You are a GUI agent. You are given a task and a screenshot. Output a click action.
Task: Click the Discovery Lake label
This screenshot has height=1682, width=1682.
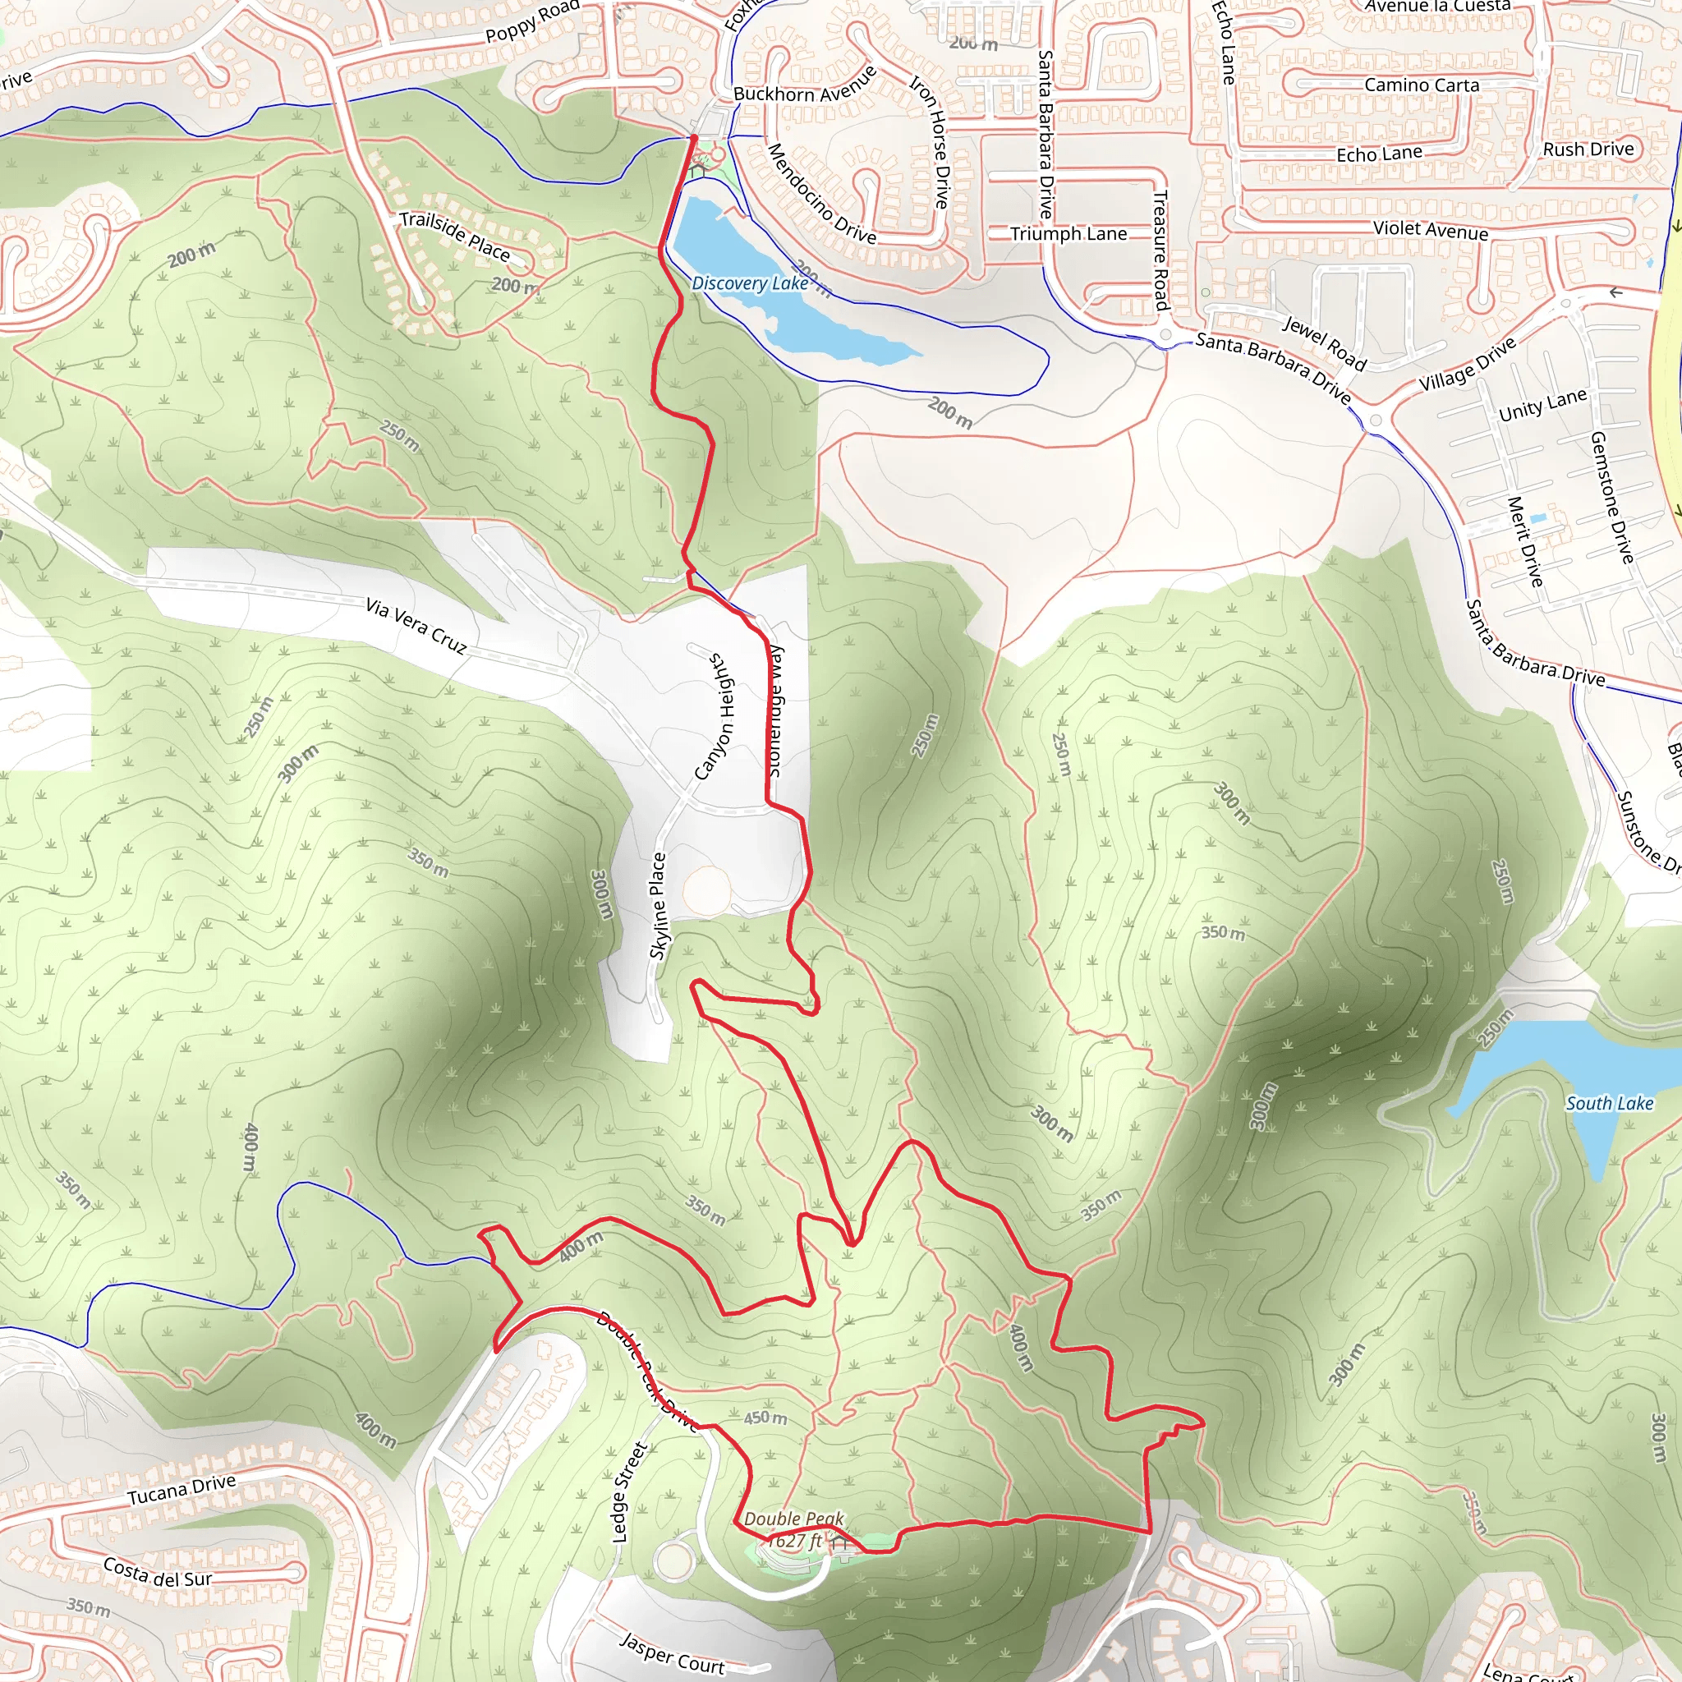[x=750, y=284]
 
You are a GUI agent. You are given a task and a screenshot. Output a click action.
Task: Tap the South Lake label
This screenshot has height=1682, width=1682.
[x=1609, y=1103]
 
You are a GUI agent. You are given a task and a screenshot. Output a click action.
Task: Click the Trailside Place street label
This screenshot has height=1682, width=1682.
[x=454, y=235]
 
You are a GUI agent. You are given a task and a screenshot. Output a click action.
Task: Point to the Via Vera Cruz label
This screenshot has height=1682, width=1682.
[x=416, y=625]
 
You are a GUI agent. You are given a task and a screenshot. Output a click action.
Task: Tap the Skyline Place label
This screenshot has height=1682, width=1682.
[x=658, y=905]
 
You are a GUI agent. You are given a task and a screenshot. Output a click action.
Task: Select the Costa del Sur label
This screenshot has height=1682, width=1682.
[x=158, y=1571]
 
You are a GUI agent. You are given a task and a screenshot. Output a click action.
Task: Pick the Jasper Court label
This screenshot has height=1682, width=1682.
[x=671, y=1652]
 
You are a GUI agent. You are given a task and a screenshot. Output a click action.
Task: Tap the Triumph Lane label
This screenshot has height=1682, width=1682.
[x=1068, y=234]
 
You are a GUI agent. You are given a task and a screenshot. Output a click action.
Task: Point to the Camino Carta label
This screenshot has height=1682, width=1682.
[x=1422, y=85]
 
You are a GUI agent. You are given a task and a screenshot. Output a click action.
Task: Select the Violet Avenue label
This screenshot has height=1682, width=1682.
[x=1431, y=230]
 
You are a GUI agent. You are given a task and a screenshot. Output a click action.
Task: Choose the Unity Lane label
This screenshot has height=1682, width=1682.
[x=1542, y=405]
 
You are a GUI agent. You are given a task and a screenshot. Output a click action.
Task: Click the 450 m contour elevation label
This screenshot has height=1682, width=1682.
[x=765, y=1418]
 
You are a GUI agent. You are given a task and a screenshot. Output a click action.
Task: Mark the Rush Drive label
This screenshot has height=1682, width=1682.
[x=1588, y=149]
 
